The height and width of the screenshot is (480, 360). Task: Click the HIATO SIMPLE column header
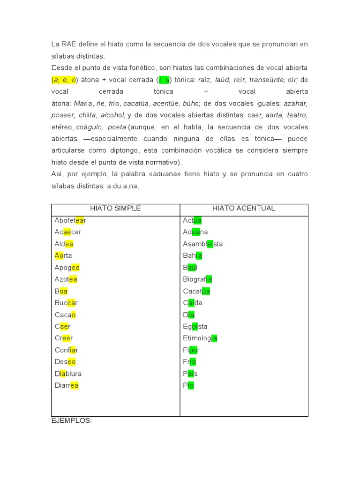pos(115,208)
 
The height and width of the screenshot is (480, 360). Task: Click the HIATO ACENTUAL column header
pos(244,208)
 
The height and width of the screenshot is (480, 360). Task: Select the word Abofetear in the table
pos(70,220)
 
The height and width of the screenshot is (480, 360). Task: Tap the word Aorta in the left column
pos(63,255)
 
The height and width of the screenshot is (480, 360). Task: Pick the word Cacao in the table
pos(65,315)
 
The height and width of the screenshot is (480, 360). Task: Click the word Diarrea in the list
pos(67,385)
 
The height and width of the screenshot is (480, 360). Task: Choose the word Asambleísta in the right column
pos(203,244)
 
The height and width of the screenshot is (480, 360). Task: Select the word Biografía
pos(197,279)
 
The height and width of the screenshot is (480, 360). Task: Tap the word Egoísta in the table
pos(195,326)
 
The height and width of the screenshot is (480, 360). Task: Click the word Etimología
pos(200,338)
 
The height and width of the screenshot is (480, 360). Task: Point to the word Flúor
pos(191,350)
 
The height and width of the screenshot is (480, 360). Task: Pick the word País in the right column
pos(190,374)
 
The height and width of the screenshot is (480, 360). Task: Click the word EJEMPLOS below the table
pos(71,421)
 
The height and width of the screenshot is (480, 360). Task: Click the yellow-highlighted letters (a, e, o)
pos(64,80)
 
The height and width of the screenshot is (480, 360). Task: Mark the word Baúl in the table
pos(190,268)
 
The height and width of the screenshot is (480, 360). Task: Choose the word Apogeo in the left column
pos(67,268)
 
